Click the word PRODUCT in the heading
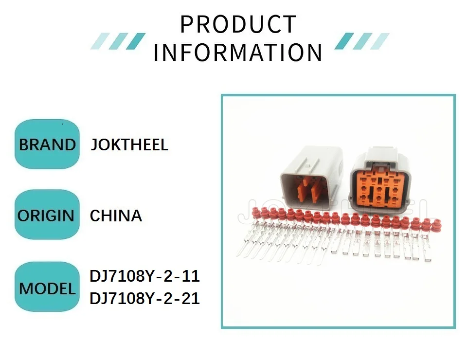(238, 24)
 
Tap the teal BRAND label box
(47, 144)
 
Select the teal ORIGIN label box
(47, 215)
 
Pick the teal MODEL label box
(47, 288)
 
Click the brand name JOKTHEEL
(129, 144)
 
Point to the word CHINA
(116, 216)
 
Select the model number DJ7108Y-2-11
(144, 276)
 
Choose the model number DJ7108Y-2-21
(144, 298)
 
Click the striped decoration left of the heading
(118, 41)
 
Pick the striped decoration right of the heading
(362, 41)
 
